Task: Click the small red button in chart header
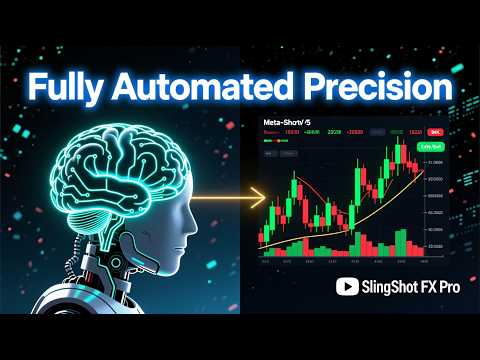tap(434, 131)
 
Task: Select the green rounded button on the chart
tap(432, 147)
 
